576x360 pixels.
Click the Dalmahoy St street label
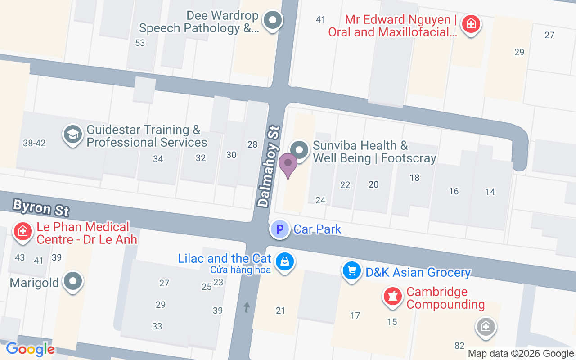270,166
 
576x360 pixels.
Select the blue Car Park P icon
279,229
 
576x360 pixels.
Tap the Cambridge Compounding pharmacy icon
392,297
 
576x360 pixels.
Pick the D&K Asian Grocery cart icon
352,271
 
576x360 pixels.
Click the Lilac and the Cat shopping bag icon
284,261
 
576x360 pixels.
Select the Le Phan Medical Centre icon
23,231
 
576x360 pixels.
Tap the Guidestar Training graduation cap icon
72,134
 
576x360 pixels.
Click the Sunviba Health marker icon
299,150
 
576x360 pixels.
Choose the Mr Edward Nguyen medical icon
471,23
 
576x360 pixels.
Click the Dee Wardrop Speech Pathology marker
272,20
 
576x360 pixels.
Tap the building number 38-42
34,143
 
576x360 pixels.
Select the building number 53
140,43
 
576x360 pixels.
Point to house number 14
490,192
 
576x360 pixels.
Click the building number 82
459,346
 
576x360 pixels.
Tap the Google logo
30,349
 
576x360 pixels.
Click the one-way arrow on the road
247,307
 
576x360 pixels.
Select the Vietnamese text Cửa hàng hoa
240,270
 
